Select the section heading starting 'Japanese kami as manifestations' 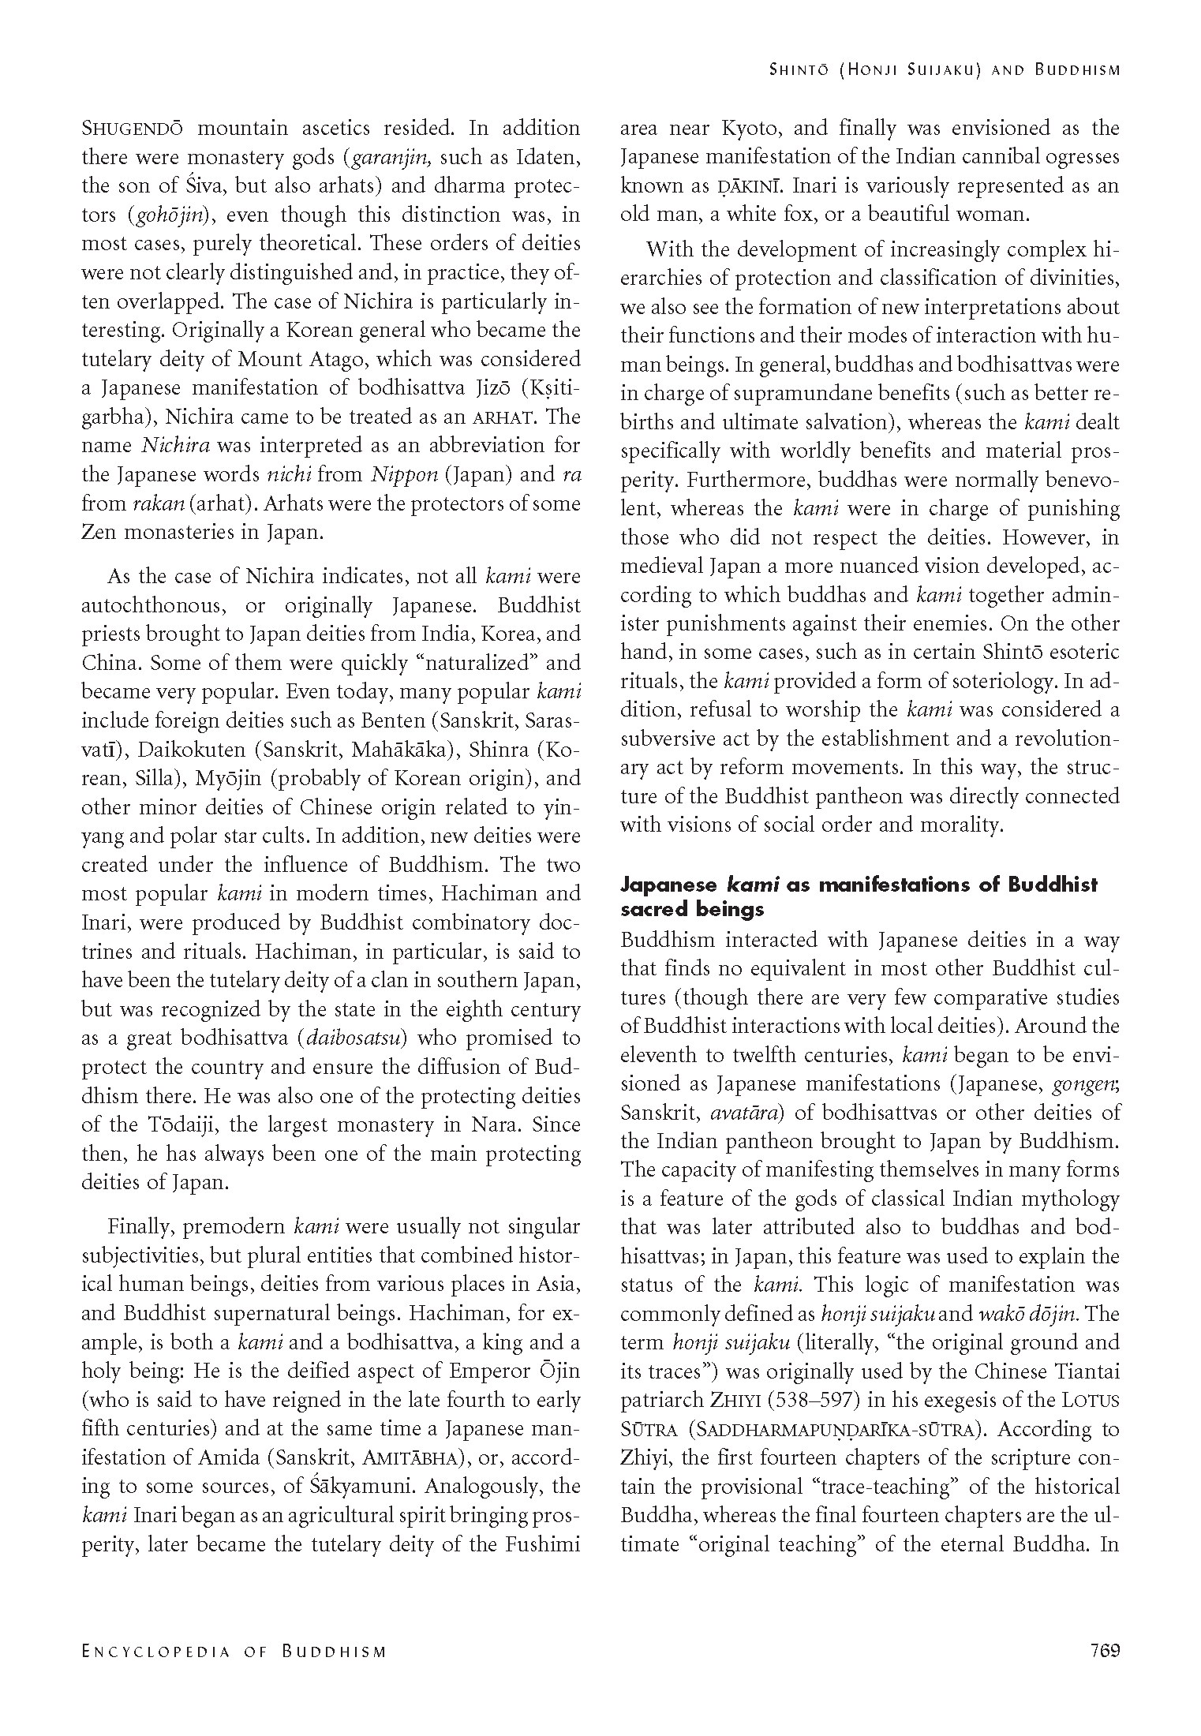click(x=859, y=896)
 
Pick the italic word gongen click(x=1087, y=1083)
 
